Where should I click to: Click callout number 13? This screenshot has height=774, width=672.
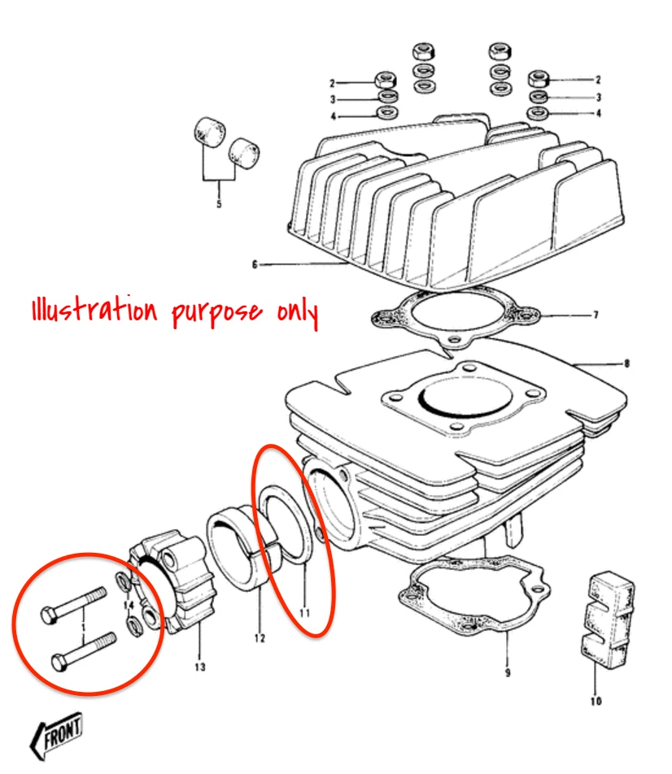point(199,667)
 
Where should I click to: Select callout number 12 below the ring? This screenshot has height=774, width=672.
point(260,637)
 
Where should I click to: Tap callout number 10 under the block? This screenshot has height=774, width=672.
point(596,702)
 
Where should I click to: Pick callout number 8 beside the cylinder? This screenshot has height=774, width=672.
point(596,314)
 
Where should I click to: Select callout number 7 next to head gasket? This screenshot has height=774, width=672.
point(626,363)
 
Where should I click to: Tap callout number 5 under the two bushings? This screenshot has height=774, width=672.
point(219,204)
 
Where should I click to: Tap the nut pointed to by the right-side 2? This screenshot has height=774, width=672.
point(538,80)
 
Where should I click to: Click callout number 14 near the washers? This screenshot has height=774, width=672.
point(128,606)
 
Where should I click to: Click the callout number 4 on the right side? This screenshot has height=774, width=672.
point(598,114)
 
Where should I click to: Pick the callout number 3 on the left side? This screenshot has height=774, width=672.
point(332,99)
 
